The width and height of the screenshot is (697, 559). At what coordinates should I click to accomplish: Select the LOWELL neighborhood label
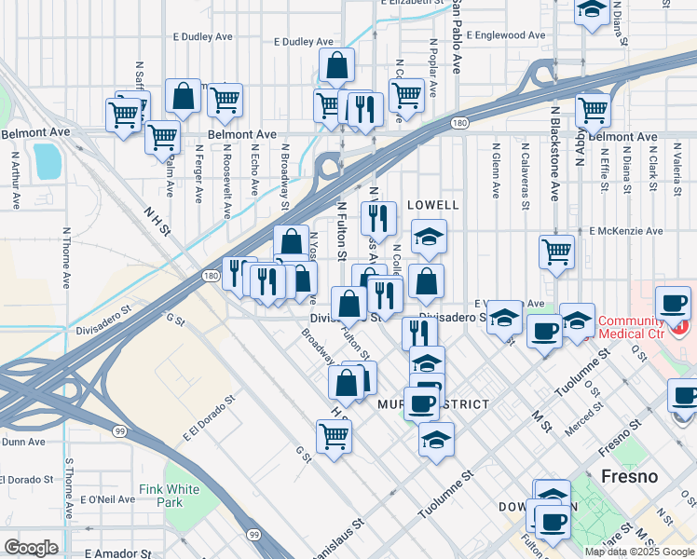[x=433, y=205]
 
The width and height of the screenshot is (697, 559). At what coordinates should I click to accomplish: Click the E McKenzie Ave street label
[x=626, y=231]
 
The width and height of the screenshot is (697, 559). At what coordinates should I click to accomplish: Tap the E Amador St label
[x=118, y=553]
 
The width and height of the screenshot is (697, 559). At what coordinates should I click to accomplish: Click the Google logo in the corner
[x=31, y=548]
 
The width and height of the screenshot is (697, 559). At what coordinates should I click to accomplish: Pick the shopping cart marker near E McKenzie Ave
[x=556, y=252]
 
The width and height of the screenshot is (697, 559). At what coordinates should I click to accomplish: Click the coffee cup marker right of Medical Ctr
[x=674, y=303]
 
